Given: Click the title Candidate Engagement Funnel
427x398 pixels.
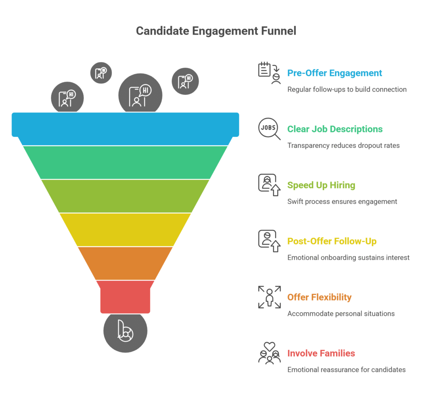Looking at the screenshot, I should (x=216, y=31).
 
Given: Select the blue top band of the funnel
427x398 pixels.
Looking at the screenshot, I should (x=125, y=124).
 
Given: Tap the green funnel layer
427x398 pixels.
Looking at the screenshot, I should (x=125, y=162).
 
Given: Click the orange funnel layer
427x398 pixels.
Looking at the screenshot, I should (x=125, y=263).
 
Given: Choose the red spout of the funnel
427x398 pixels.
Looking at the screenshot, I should (x=125, y=296).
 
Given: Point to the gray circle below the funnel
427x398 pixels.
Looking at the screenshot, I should (x=125, y=332).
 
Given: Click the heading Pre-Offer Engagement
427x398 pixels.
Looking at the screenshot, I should (x=334, y=73).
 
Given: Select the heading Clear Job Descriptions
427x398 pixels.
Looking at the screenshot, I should (x=335, y=129).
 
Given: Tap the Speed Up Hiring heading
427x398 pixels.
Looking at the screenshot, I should (x=321, y=185).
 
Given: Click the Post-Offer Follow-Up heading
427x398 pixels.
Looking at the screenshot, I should (x=332, y=241).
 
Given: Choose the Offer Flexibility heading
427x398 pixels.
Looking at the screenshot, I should (x=319, y=297).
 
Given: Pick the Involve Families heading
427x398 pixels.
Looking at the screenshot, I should (x=321, y=353).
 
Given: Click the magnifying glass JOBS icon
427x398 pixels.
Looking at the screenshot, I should (x=269, y=129).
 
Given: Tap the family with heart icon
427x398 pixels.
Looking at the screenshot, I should (x=269, y=353).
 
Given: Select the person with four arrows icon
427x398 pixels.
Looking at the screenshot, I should (x=269, y=297).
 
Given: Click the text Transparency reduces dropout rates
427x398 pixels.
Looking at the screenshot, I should (x=344, y=146).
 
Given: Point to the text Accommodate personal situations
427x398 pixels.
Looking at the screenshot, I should (x=341, y=313).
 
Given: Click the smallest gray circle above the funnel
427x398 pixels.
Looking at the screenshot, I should (x=101, y=73).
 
